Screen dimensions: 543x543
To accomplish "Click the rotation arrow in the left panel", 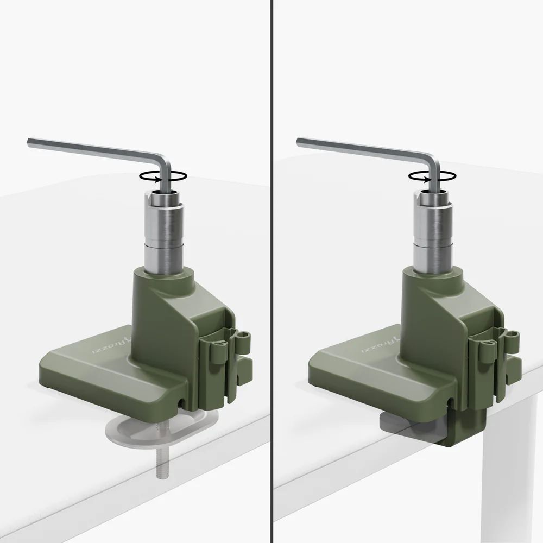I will click(x=163, y=175).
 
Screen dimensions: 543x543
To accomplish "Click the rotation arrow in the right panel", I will click(x=432, y=175).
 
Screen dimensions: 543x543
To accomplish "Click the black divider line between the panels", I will click(x=271, y=271).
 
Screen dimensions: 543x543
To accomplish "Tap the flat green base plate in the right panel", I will click(x=369, y=375).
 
